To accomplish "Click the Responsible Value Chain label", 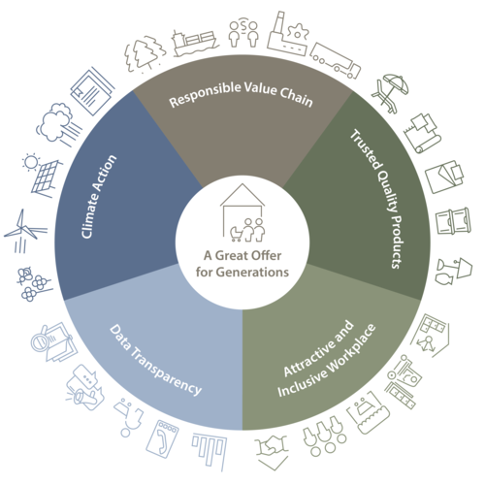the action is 241,94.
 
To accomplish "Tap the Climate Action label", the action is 98,197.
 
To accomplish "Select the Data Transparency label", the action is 156,360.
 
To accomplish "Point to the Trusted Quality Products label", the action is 377,199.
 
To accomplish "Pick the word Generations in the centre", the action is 252,273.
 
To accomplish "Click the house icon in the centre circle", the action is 242,212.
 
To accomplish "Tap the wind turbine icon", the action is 25,230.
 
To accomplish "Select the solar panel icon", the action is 43,176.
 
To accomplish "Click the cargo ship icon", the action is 195,43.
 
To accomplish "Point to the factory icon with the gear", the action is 288,35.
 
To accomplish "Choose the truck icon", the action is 336,60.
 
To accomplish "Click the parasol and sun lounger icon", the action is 390,93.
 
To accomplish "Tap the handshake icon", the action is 271,452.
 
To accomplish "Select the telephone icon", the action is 162,438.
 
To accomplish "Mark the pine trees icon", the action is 145,53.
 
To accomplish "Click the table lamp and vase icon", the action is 454,272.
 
